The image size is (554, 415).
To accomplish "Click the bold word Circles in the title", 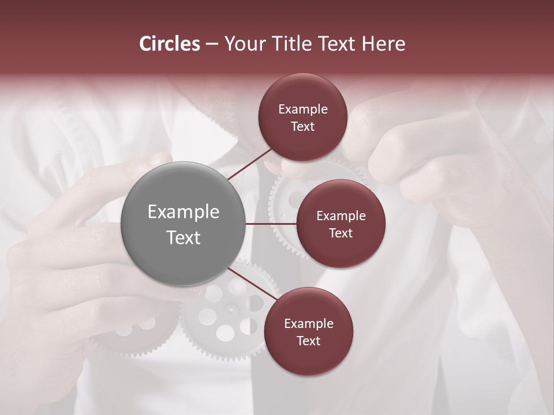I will coord(170,44).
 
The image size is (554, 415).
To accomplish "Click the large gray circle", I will coord(184,224).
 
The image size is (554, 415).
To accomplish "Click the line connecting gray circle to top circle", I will coord(249,164).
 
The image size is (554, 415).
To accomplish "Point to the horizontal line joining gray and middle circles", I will coord(271,224).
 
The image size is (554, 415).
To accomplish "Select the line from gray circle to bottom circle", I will coord(252,284).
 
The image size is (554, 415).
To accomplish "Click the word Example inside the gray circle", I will coord(184,212).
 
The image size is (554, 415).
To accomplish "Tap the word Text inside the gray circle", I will coord(184,237).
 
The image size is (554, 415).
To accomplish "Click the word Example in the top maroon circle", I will coord(303,109).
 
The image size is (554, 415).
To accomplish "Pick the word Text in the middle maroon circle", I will coord(340,233).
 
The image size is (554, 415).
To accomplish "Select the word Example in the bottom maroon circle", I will coord(309,323).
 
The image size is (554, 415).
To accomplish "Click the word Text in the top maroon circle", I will coord(303,126).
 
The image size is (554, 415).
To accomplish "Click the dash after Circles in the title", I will coord(211,44).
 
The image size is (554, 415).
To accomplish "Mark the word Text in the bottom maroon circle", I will coord(309,341).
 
